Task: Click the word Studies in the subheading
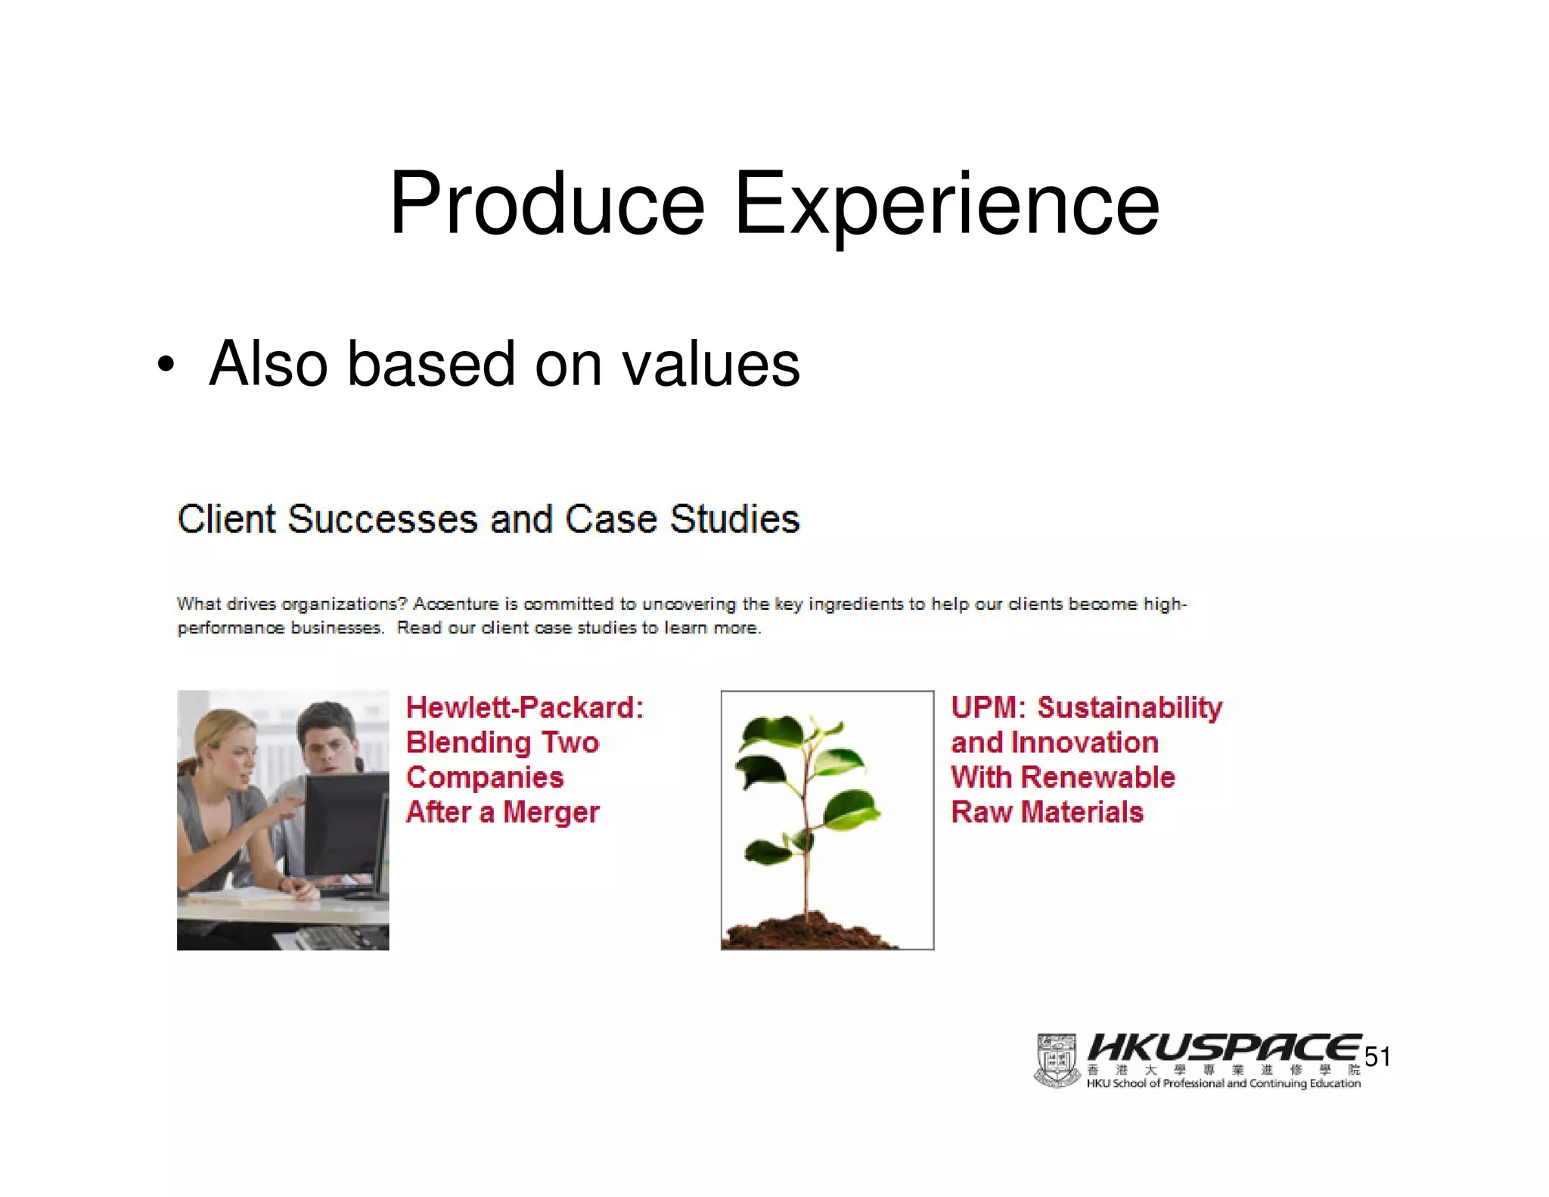734,520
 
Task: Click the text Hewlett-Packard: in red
524,707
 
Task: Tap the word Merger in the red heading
551,812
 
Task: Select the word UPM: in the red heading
988,707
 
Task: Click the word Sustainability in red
1129,707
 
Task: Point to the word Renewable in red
1097,777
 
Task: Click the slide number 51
1377,1057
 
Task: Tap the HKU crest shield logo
1057,1060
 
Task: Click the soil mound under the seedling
806,932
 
